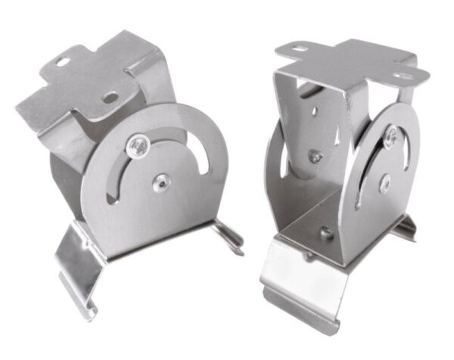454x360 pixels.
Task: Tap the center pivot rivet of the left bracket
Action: (x=160, y=182)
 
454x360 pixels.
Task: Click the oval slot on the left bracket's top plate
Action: (x=73, y=54)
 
